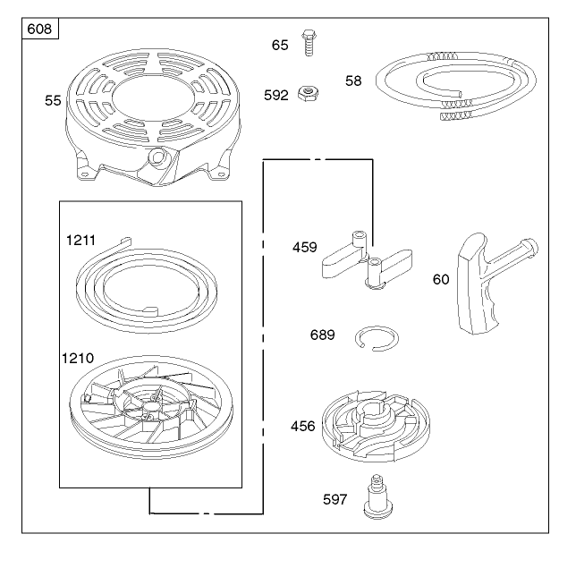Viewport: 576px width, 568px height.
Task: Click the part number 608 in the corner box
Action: [39, 29]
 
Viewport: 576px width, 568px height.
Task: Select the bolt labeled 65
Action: [309, 43]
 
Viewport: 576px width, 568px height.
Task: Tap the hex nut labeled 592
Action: [308, 93]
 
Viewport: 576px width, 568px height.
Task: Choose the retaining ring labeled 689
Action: [377, 338]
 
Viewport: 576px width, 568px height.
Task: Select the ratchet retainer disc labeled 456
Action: [376, 426]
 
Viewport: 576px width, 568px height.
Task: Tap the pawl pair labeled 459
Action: [367, 260]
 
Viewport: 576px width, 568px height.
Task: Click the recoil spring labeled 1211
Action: [146, 286]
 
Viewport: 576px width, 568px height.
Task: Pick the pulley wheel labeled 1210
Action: [151, 407]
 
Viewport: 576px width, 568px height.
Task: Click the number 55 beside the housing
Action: [53, 100]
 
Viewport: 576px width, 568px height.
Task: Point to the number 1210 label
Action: [78, 358]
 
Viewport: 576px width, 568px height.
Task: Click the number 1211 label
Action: [80, 240]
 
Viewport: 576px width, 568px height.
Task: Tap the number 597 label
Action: [335, 499]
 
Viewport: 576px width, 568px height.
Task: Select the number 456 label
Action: [302, 426]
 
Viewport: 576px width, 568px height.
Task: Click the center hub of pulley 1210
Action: [150, 406]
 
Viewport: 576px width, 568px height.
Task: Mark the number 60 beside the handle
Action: [441, 279]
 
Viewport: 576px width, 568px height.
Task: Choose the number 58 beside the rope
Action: [353, 81]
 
